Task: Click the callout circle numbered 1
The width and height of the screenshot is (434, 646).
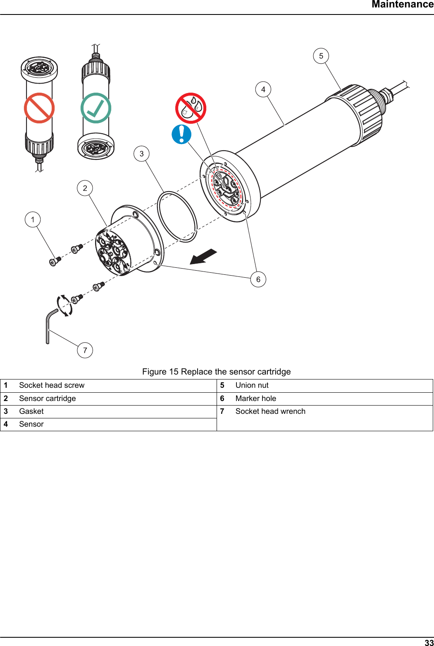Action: (x=33, y=219)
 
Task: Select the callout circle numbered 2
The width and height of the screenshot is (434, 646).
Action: (x=85, y=188)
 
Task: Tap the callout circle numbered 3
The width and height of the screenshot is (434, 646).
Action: (x=142, y=154)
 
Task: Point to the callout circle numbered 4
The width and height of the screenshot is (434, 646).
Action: (x=263, y=89)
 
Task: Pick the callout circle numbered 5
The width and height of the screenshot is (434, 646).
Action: (x=321, y=56)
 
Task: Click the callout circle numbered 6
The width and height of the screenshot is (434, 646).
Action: (x=258, y=279)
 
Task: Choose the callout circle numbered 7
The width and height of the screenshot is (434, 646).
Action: (x=85, y=350)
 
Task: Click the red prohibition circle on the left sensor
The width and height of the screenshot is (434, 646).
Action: (x=39, y=108)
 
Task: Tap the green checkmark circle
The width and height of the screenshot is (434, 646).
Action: (x=96, y=108)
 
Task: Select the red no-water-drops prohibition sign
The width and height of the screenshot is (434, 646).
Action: (x=191, y=108)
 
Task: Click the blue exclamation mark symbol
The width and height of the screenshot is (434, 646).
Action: (x=181, y=134)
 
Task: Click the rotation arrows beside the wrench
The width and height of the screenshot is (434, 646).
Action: (x=64, y=305)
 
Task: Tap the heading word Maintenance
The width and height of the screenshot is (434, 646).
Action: (x=402, y=5)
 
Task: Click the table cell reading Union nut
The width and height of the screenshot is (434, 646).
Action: (x=252, y=385)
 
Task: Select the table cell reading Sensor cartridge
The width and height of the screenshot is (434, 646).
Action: (x=48, y=399)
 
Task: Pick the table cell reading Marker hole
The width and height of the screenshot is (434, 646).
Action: (x=255, y=399)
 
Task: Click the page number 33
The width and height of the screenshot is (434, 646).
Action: (x=429, y=643)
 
